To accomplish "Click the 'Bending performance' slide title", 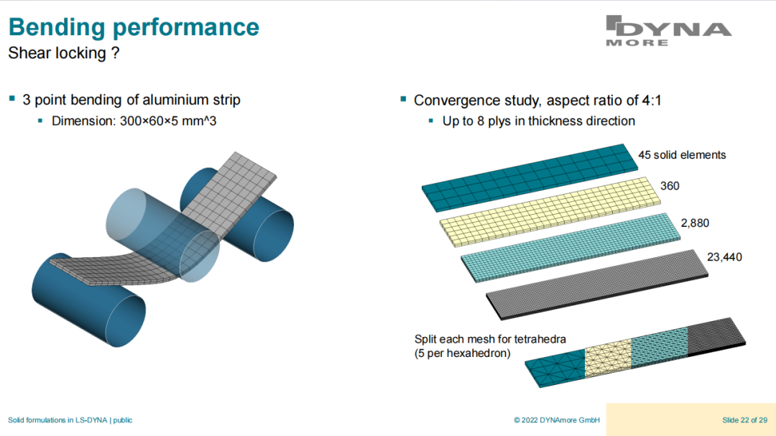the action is [134, 27].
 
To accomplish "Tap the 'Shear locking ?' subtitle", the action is [64, 53].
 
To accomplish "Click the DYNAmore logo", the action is [668, 31].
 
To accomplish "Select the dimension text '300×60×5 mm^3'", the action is [168, 121].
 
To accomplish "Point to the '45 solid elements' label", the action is [682, 155].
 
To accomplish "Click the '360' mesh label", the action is [670, 186].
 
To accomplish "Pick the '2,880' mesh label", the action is [695, 223].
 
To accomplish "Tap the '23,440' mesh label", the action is [724, 257].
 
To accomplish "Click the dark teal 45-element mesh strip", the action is [530, 177].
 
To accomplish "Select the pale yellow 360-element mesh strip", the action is [550, 212].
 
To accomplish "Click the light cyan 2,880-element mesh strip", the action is [571, 247].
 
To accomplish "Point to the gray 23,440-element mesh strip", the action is [597, 284].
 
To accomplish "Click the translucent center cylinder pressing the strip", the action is [162, 235].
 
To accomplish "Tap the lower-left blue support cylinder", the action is [89, 300].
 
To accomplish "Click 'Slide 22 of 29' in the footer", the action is [745, 420].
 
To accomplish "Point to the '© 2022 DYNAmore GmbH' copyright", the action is [557, 420].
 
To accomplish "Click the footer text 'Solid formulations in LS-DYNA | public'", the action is [70, 420].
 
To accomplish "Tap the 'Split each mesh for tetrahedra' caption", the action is [490, 339].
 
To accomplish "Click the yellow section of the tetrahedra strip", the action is [609, 358].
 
